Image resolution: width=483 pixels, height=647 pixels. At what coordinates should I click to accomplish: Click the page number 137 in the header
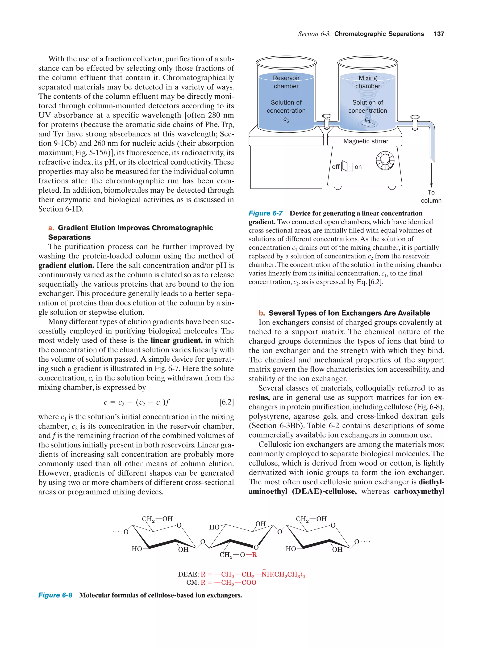coord(439,34)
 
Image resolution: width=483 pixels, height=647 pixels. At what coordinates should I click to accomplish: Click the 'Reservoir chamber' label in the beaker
coord(286,82)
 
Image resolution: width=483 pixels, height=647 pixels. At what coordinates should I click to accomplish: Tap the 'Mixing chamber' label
coord(368,82)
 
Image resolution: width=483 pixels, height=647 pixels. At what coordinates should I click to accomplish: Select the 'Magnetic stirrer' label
coord(366,141)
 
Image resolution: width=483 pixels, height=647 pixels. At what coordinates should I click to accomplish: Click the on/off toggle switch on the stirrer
coord(347,166)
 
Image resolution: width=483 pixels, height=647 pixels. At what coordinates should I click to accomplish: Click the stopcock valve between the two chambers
coord(327,121)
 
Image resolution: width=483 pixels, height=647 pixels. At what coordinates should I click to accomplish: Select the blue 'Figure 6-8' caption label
coord(55,595)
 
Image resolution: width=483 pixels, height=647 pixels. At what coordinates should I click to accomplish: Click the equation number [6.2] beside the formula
coord(226,402)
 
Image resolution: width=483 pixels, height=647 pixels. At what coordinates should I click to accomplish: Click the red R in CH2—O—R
coord(254,555)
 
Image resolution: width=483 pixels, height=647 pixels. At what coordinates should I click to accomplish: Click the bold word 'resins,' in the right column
coord(259,398)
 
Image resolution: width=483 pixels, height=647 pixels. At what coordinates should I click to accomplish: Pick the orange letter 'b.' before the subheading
coord(262,313)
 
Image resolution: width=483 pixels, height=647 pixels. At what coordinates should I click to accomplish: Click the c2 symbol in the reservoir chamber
coord(286,120)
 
